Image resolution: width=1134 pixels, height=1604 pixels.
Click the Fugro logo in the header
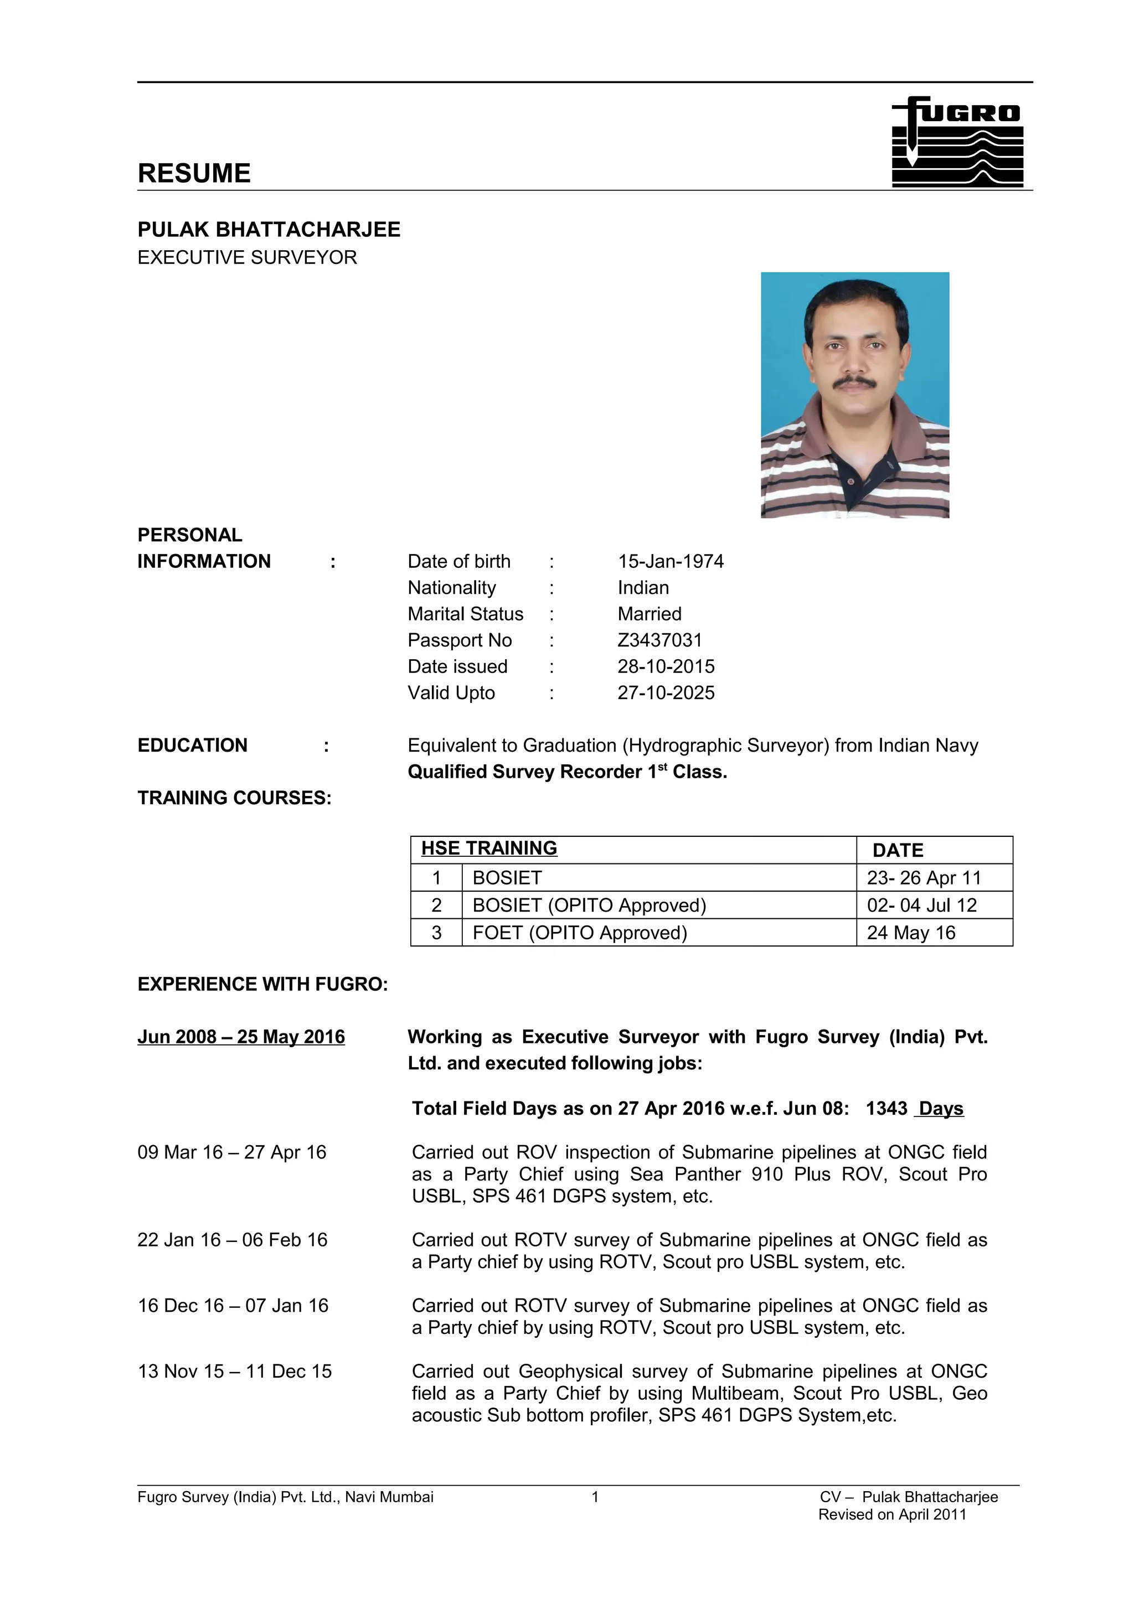point(957,141)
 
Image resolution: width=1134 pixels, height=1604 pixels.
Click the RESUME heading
point(194,173)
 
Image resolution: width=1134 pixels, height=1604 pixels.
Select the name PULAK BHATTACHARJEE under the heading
point(269,229)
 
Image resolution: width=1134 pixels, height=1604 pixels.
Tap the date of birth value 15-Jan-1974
point(670,561)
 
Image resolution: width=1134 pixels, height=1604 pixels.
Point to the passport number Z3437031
point(659,640)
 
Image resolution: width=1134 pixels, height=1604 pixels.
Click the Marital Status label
point(465,613)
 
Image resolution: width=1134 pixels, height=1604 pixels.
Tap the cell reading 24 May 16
point(910,933)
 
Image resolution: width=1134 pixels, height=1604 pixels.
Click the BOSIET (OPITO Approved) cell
point(589,906)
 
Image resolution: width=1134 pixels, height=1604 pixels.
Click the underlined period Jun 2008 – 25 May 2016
point(241,1037)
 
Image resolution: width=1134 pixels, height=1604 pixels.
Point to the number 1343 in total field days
point(886,1109)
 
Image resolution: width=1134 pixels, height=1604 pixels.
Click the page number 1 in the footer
point(595,1497)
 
